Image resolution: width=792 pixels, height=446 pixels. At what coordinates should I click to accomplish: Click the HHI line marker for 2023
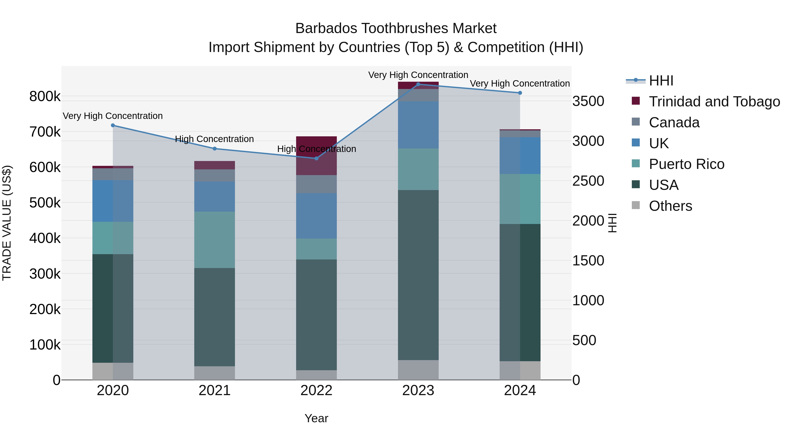[x=418, y=84]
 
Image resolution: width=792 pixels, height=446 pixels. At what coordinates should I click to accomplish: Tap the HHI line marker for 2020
[x=113, y=125]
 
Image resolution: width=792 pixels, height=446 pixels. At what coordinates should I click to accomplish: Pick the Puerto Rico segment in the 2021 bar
[x=214, y=240]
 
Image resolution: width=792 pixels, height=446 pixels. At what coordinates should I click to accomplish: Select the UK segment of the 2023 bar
[x=418, y=125]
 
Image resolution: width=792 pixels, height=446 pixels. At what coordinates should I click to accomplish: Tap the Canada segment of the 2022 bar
[x=316, y=184]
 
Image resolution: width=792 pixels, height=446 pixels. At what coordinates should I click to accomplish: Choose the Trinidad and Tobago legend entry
[x=714, y=102]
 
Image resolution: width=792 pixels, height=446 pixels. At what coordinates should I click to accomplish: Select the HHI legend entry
[x=661, y=81]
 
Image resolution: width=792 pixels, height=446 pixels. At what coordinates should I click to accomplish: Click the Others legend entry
[x=670, y=206]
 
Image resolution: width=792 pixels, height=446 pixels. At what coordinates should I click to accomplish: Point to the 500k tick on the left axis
[x=45, y=203]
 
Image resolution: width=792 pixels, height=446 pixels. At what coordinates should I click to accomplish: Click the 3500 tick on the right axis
[x=588, y=101]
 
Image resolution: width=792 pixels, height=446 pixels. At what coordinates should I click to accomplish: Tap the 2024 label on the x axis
[x=520, y=390]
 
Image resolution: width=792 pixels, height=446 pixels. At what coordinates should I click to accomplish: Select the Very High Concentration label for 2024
[x=520, y=83]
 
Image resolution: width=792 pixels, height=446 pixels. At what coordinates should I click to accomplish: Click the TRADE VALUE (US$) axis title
[x=7, y=223]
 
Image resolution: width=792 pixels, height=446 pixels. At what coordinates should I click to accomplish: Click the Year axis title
[x=316, y=418]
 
